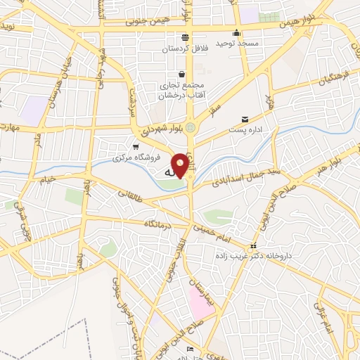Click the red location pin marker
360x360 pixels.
[181, 165]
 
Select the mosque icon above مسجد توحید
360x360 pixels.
[237, 32]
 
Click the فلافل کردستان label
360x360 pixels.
[184, 49]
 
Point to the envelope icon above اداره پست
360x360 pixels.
[245, 120]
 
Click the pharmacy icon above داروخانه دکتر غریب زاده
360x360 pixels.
[252, 246]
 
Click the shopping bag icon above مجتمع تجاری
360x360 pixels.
[182, 74]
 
